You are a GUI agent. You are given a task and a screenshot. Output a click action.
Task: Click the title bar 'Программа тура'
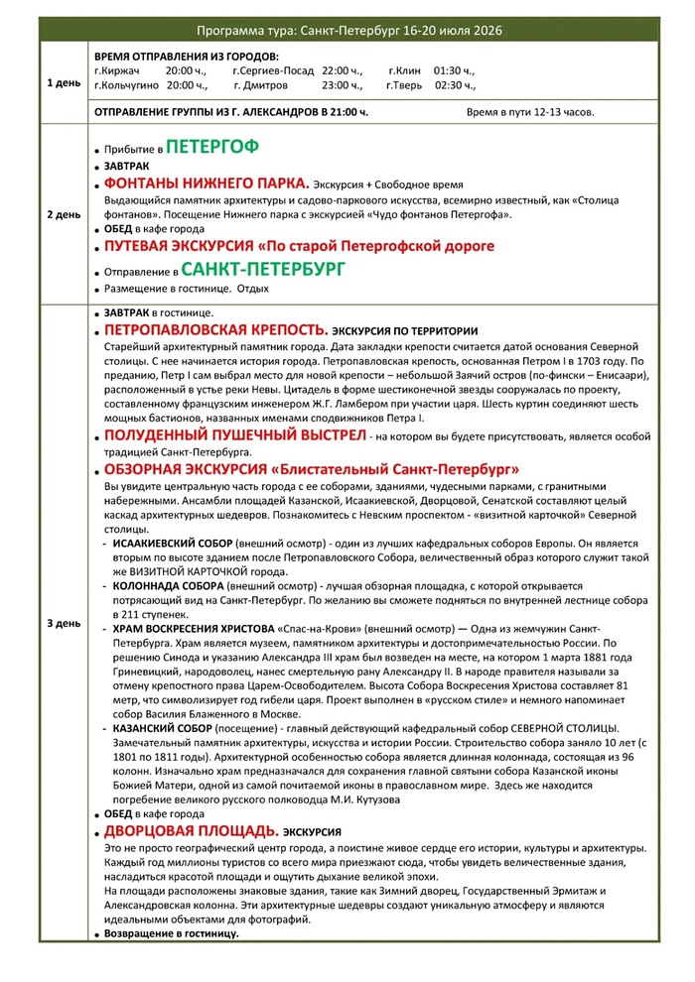click(348, 31)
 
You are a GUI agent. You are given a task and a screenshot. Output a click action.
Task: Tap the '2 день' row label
click(64, 213)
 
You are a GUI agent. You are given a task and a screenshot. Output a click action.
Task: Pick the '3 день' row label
click(64, 623)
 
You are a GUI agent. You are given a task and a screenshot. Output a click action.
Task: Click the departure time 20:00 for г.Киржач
click(186, 71)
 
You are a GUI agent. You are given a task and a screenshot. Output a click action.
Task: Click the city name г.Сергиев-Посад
click(270, 71)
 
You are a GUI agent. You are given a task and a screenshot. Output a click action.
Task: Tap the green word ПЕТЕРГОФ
click(212, 148)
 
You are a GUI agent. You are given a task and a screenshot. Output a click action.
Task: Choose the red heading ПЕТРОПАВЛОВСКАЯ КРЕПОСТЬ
click(215, 329)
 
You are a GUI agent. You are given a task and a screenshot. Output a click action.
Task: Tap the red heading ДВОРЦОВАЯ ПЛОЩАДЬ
click(191, 830)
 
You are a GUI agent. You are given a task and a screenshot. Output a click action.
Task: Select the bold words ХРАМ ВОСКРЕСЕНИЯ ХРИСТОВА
click(193, 630)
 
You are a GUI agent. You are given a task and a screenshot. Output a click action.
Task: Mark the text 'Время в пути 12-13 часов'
click(530, 112)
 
